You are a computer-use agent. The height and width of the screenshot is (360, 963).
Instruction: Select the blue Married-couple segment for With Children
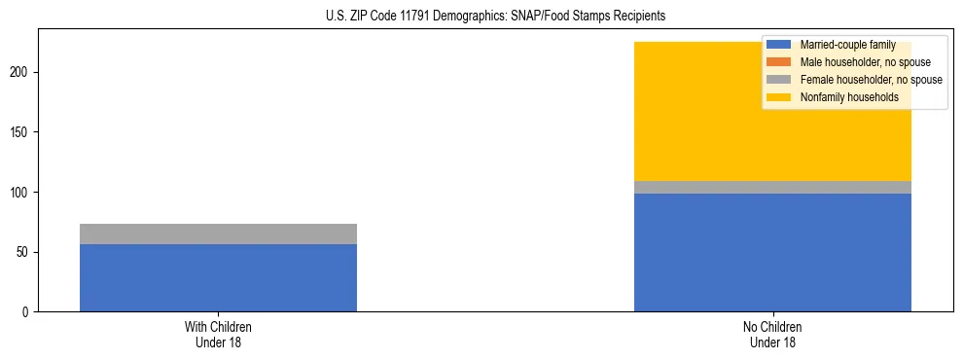point(218,277)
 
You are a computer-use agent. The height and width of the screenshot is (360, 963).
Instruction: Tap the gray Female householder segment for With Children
point(218,234)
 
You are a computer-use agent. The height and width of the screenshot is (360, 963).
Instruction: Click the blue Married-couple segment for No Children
point(772,252)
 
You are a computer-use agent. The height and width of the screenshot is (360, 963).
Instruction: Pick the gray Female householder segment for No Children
point(772,187)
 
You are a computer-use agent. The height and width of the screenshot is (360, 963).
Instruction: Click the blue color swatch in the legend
point(779,45)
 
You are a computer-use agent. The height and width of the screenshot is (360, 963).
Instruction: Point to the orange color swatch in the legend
point(779,62)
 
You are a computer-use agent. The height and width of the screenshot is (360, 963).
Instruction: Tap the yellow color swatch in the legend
point(779,97)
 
